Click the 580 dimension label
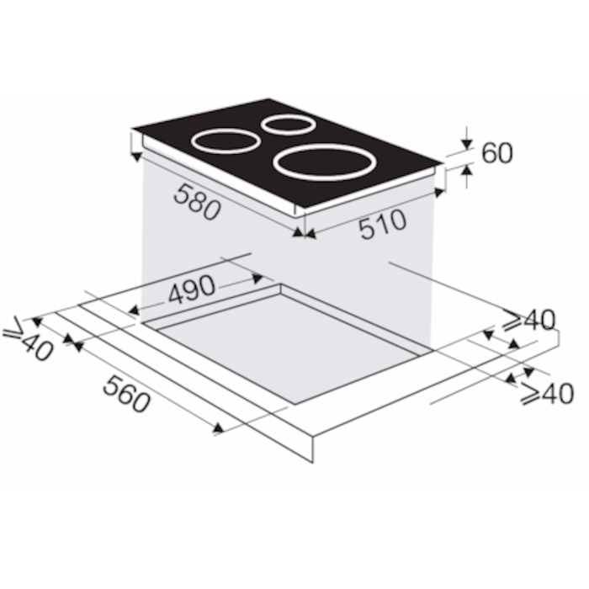pyautogui.click(x=197, y=202)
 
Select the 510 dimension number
pyautogui.click(x=383, y=225)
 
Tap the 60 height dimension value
pyautogui.click(x=497, y=153)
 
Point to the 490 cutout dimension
pyautogui.click(x=192, y=289)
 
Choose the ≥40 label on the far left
pyautogui.click(x=27, y=339)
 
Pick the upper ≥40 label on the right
pyautogui.click(x=529, y=319)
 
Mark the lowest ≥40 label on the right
pyautogui.click(x=548, y=393)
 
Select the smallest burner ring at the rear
pyautogui.click(x=289, y=134)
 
